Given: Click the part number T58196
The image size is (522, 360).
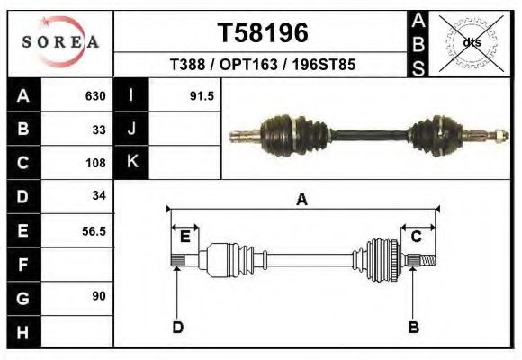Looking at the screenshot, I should coord(263,33).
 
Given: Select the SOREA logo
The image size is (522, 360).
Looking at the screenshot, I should coord(60,42).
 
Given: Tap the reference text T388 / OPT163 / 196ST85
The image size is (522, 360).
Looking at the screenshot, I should coord(263,66).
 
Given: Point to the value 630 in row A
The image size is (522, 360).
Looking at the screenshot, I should coord(95,96).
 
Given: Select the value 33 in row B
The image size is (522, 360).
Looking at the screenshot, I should coord(99,130).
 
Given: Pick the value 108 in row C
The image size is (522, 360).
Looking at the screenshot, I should coord(95,163).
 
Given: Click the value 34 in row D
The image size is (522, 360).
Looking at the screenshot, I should coord(99,196).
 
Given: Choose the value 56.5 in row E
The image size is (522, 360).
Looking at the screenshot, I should coord(94,230).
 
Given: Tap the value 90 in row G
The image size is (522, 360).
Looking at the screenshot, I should coord(99,296).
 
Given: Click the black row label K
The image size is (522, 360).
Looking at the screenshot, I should coord(131,163).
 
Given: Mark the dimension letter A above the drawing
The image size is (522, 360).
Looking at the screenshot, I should coord(301,200).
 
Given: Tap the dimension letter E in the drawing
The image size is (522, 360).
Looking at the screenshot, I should coord(184,237).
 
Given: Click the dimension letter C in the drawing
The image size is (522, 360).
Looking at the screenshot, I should coord(417,237).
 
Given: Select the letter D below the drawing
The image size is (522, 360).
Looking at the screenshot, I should coord(177,327).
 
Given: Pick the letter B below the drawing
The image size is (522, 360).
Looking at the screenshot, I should coord(414,327).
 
